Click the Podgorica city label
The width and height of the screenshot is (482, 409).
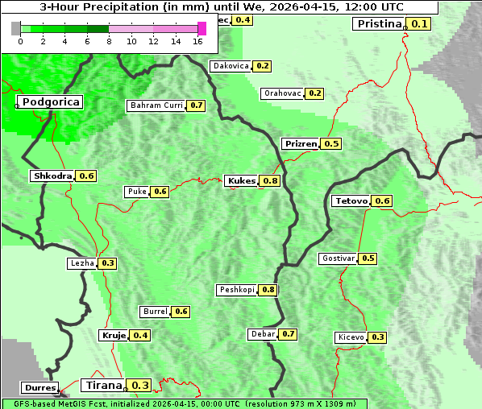pos(51,102)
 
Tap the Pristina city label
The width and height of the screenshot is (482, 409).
pos(378,23)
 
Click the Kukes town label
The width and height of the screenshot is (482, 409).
pos(242,181)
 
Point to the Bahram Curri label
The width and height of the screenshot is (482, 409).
pos(156,105)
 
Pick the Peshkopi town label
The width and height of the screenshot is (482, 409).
pos(237,290)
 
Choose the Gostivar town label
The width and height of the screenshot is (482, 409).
pos(338,258)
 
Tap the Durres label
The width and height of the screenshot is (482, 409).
pos(40,388)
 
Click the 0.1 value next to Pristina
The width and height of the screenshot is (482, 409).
pos(420,23)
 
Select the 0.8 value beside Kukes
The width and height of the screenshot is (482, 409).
pos(271,181)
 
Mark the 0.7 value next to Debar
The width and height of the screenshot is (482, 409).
pos(289,334)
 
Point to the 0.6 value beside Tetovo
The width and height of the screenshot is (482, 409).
pos(382,200)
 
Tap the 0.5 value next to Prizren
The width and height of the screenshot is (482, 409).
pos(331,143)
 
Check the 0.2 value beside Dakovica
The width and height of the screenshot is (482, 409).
pos(263,66)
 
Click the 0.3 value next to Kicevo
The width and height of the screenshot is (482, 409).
pos(377,337)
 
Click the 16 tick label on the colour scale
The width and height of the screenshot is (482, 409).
pos(197,41)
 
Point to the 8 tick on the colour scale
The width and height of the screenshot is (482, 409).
pos(109,41)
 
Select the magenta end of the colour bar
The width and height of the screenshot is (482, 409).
pos(202,28)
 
